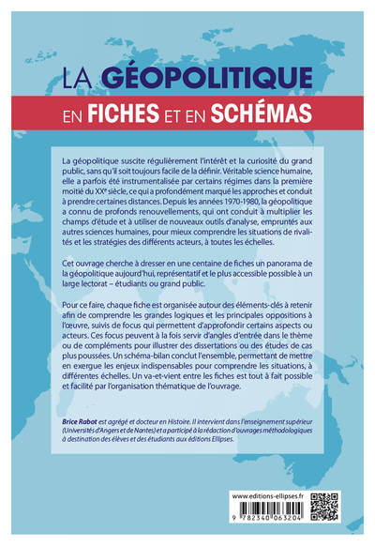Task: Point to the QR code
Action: [322, 505]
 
